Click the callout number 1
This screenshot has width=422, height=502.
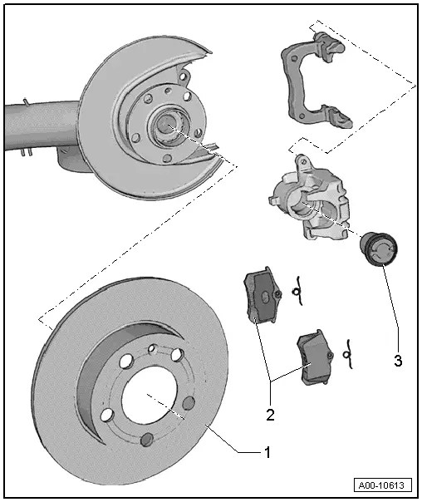pos(267,452)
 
